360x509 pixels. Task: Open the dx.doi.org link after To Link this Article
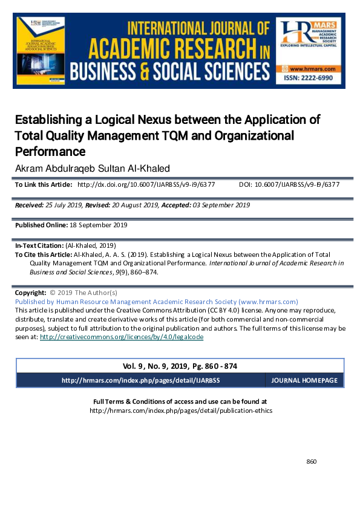pos(146,184)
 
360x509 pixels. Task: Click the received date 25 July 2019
pos(70,205)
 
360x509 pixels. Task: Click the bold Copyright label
pos(30,293)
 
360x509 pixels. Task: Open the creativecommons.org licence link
pos(121,337)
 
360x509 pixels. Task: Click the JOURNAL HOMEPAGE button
pos(304,381)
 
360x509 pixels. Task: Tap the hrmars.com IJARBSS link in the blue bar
pos(140,381)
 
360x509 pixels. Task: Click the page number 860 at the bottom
pos(312,462)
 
